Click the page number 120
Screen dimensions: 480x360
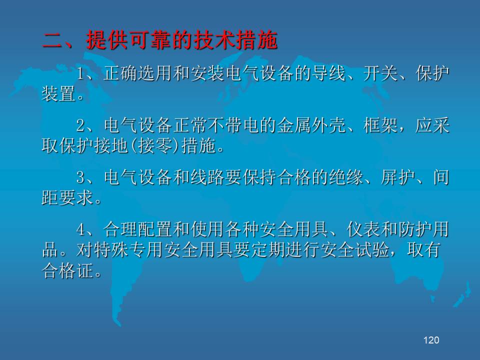431,340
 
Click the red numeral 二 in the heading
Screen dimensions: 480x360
52,40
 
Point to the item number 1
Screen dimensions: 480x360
80,73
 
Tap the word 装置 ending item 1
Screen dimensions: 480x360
59,93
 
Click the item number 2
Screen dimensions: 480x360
80,125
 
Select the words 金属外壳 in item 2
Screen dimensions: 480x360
311,125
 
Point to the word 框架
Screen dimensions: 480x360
380,125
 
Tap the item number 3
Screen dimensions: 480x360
80,177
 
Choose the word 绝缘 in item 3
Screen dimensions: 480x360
346,177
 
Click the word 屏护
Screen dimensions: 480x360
397,177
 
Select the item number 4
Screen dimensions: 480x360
80,229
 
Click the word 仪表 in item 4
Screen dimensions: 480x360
363,229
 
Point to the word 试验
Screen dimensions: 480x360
372,250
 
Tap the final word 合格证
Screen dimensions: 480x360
67,270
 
